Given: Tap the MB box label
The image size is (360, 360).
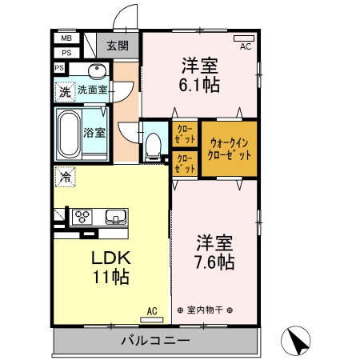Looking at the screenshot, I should (65, 38).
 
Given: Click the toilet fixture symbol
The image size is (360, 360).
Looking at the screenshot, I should (154, 143).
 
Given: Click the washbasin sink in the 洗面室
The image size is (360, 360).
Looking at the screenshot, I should (96, 70).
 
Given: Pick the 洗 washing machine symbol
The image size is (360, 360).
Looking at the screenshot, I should (63, 91).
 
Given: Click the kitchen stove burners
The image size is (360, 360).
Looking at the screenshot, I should (82, 215).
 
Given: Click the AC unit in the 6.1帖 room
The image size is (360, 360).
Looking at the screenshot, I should (243, 38).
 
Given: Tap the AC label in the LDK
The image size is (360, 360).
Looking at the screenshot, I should (151, 311).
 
